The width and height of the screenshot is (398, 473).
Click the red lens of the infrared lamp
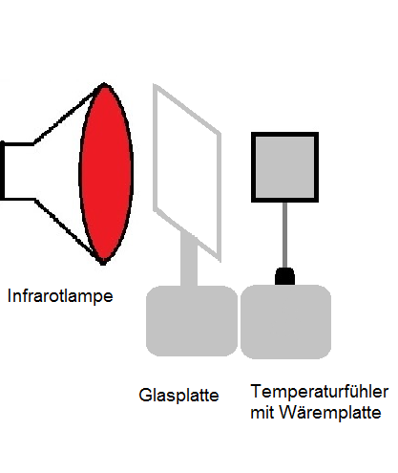tap(106, 174)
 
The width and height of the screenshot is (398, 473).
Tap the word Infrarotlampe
tap(60, 296)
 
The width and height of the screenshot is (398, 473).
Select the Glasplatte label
tap(178, 396)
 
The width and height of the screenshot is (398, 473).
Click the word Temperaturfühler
tap(320, 392)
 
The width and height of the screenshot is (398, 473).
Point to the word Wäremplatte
tap(330, 413)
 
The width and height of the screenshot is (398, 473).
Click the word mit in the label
tap(262, 413)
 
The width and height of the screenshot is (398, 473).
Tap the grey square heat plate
tap(284, 167)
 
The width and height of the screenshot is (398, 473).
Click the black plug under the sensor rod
tap(284, 276)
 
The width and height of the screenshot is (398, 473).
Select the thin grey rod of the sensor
tap(284, 235)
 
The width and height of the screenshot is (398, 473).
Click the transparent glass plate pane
tap(187, 172)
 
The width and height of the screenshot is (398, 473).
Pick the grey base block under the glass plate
tap(192, 320)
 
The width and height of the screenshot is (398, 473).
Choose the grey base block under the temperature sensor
tap(285, 322)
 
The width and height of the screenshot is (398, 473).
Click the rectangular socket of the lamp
tap(17, 171)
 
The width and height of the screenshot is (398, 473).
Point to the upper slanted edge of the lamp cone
tap(65, 117)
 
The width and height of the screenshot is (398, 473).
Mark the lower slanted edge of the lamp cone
tap(66, 228)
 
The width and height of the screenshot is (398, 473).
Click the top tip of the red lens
tap(104, 83)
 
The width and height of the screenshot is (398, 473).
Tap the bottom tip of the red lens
tap(103, 265)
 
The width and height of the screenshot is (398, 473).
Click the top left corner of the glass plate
tap(154, 85)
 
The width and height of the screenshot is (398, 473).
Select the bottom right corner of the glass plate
tap(220, 261)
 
